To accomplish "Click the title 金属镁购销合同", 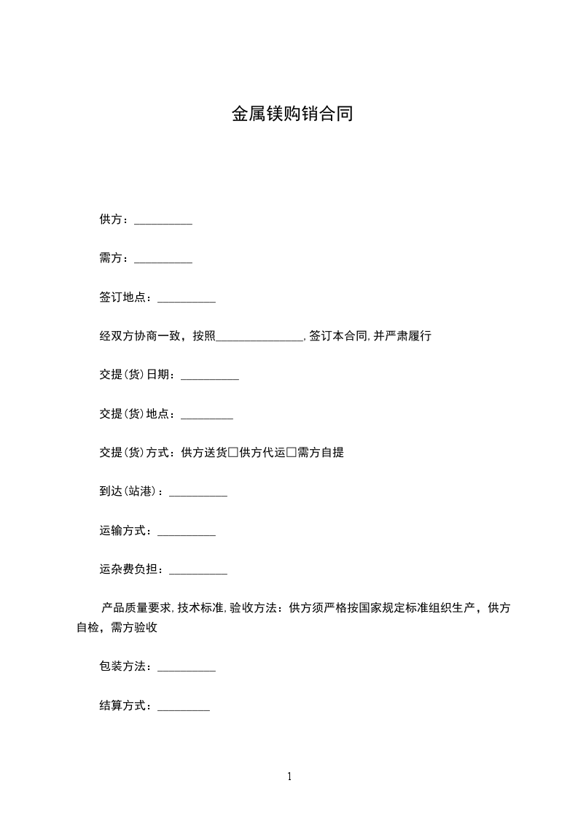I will point(292,114).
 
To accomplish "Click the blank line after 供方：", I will point(163,221).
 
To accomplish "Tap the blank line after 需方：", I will point(163,260).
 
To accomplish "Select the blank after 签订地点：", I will point(187,300).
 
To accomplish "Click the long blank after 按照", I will point(259,338).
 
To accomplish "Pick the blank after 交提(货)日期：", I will point(210,377).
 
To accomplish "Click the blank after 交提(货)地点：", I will point(207,416).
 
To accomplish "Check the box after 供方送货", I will point(233,453).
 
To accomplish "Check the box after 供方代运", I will point(292,453).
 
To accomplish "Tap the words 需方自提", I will point(321,453).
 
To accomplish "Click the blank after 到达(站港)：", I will point(198,494).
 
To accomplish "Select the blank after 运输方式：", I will point(187,534).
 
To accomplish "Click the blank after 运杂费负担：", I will point(198,572).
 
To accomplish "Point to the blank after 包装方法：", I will point(187,668).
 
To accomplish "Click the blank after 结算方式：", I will point(184,707).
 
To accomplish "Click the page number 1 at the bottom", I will point(289,776).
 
